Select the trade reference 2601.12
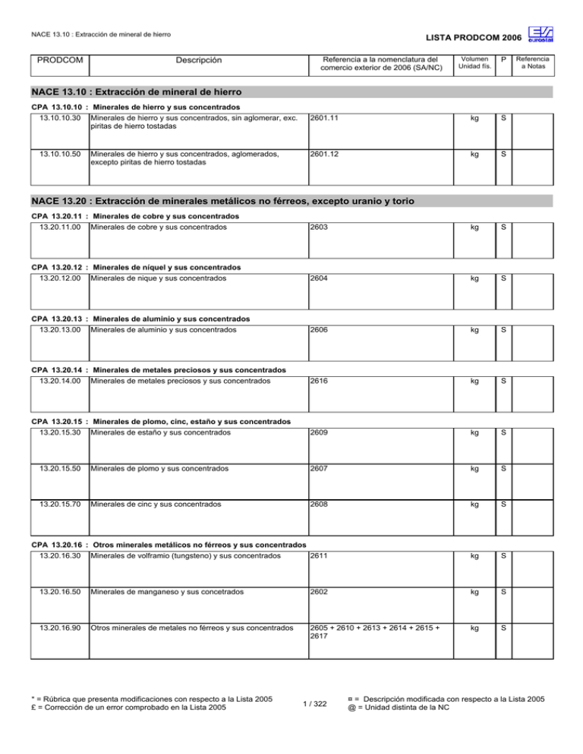(x=327, y=152)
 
